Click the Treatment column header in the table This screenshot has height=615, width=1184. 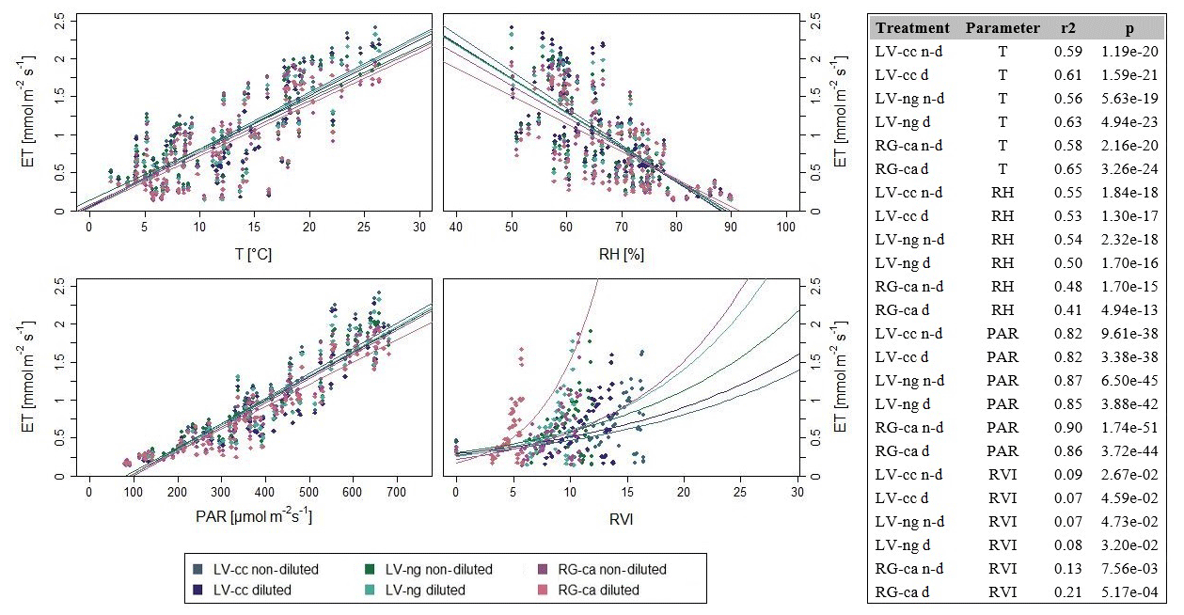click(912, 27)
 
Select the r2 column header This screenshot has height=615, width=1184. click(1065, 27)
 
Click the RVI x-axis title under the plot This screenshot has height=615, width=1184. click(622, 516)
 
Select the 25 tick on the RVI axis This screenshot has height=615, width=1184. click(739, 492)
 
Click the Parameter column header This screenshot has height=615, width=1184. click(1002, 27)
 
